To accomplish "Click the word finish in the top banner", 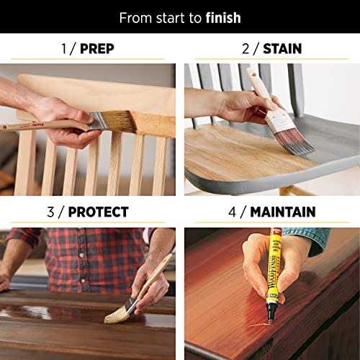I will point(220,17).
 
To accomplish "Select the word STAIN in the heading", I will point(282,49).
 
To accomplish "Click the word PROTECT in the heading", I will point(99,212).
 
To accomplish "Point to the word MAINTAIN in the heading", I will point(283,212).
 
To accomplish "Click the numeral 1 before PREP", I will point(63,49).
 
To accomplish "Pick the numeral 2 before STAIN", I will point(246,49).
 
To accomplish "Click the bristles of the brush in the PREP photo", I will point(120,120).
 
